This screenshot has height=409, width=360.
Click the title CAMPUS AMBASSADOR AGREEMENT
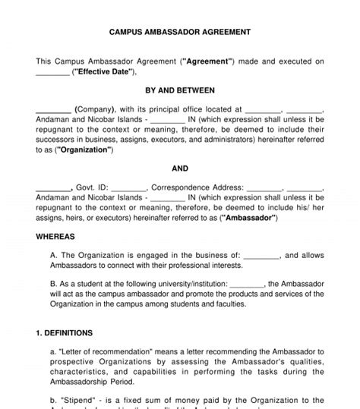[180, 33]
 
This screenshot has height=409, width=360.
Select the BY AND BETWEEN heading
[180, 90]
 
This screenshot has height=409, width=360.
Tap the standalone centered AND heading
[180, 168]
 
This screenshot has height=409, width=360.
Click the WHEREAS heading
[55, 236]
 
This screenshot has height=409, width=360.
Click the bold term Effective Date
[103, 72]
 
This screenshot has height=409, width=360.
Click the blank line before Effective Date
[52, 72]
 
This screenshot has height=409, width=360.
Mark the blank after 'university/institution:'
[247, 285]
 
